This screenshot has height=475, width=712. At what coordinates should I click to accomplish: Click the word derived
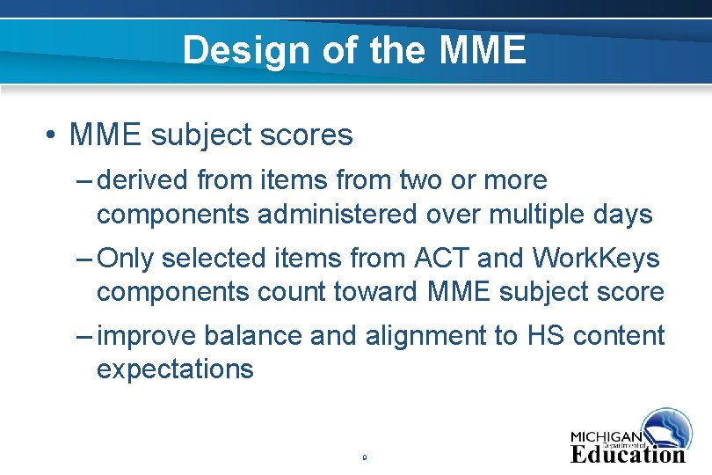[142, 180]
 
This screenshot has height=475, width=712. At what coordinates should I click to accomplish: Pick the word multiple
[525, 214]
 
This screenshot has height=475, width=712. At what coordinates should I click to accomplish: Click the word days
[621, 214]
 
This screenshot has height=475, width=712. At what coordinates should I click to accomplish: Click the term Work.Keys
[596, 259]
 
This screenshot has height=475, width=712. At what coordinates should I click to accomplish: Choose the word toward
[384, 291]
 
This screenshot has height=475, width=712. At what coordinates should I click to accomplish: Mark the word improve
[148, 335]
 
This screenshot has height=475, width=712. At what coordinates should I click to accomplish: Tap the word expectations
[175, 369]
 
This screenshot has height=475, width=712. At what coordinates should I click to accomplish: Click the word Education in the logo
[628, 454]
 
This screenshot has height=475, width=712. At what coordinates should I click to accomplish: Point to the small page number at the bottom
[363, 457]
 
